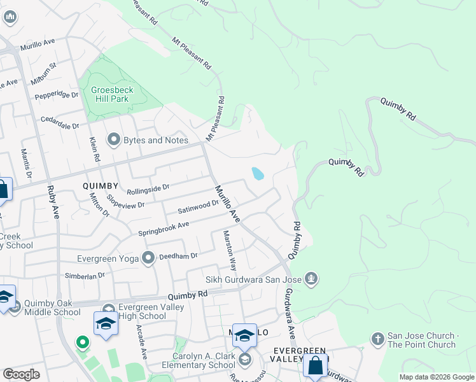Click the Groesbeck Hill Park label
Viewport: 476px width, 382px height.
coord(109,94)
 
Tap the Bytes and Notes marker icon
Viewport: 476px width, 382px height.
coord(115,139)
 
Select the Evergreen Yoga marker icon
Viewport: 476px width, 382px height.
coord(149,258)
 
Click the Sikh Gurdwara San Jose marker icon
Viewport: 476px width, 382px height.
coord(311,278)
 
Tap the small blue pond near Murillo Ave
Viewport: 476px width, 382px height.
coord(258,174)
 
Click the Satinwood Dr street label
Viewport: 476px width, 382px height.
coord(198,206)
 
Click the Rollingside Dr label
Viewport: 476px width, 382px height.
coord(148,188)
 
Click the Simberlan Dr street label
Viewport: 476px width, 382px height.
coord(85,276)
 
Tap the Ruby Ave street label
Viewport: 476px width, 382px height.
coord(52,202)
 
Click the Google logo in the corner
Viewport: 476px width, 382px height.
coord(22,374)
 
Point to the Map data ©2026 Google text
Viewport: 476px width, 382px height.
coord(436,377)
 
